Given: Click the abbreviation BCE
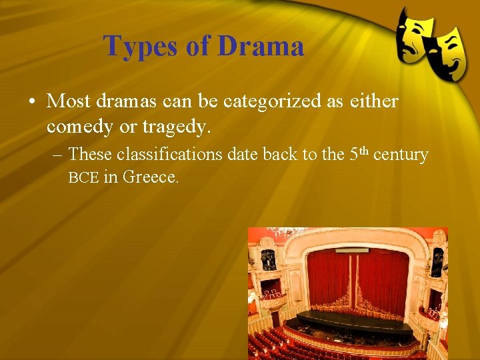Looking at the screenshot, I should (83, 178).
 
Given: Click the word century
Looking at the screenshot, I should (401, 155).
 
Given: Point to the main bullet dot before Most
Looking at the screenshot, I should (32, 102).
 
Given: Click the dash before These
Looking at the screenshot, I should (57, 155).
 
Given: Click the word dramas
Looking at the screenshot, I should (128, 101).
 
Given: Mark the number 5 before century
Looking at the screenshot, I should (354, 155).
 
